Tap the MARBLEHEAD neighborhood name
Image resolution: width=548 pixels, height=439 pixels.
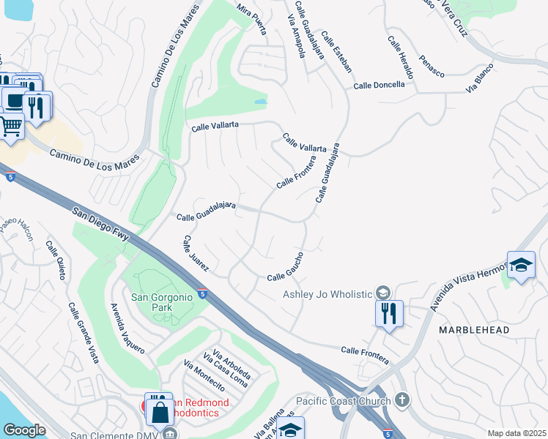tap(473, 331)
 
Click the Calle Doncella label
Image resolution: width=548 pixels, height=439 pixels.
tap(379, 85)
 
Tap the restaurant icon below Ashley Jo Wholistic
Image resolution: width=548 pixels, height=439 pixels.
tap(389, 313)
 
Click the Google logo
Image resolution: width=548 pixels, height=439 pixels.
tap(24, 429)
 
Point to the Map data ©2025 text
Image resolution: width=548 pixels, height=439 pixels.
tap(516, 433)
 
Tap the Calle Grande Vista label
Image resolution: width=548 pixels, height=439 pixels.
tap(83, 333)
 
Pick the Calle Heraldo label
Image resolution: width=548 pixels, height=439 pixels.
tap(401, 58)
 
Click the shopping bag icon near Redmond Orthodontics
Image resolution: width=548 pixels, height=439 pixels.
tap(160, 410)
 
